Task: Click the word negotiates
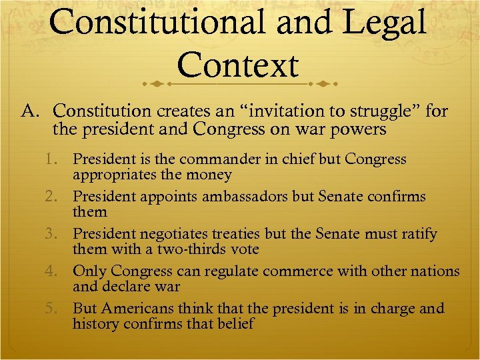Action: pyautogui.click(x=207, y=234)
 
